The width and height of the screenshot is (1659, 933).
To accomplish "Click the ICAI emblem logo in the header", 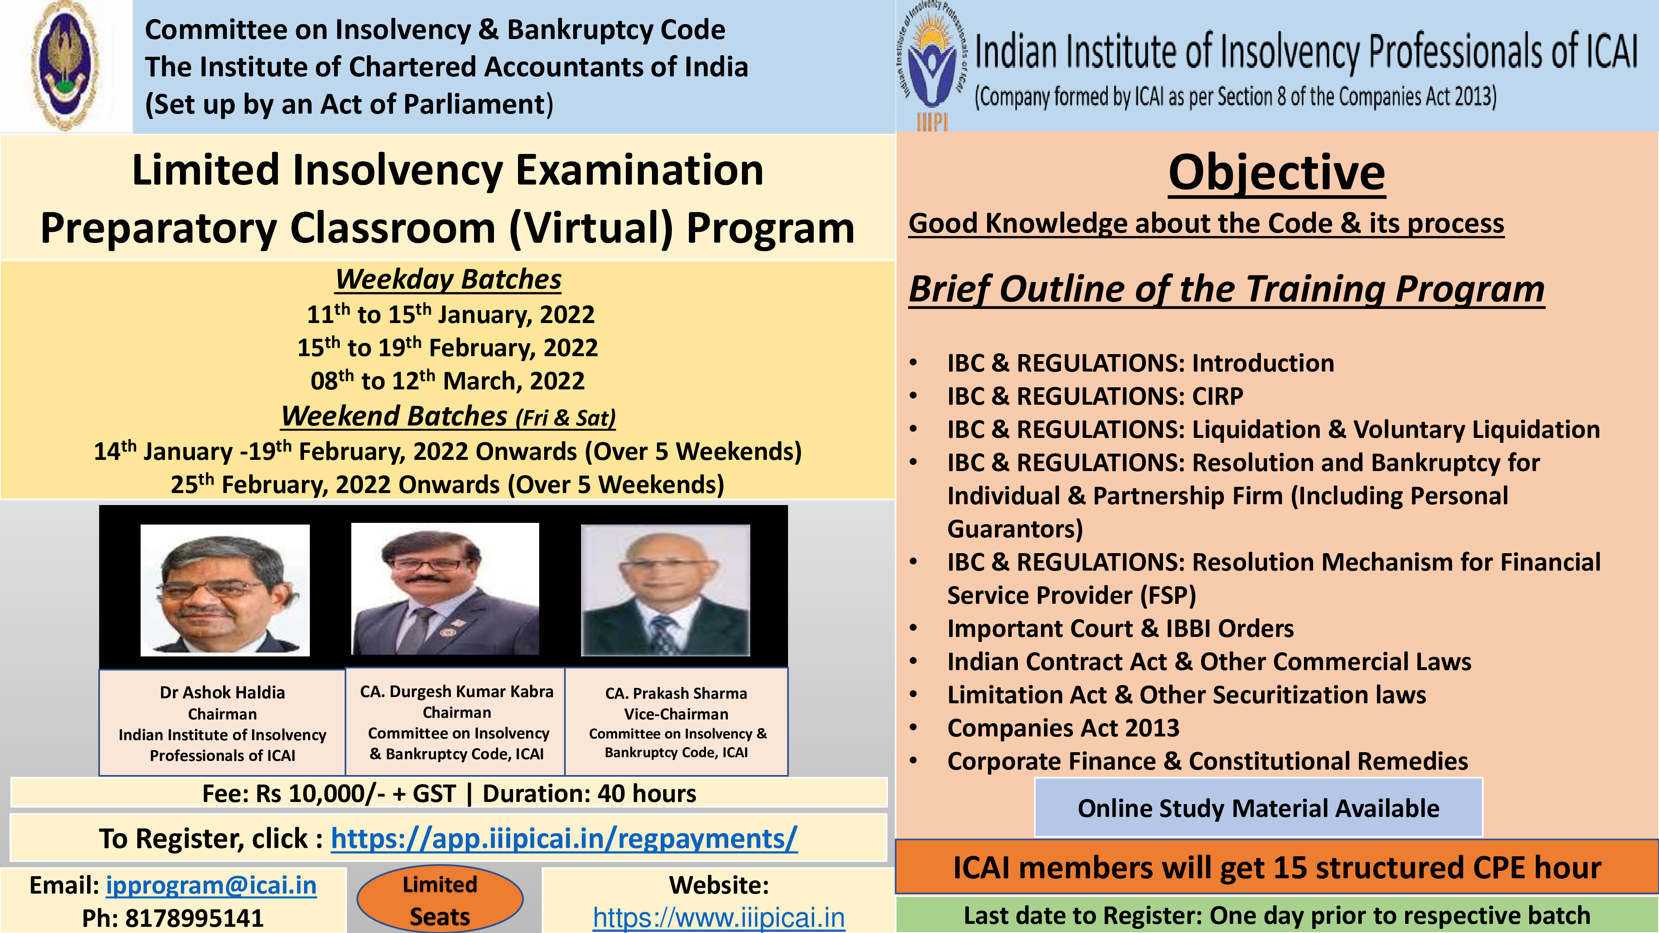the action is [x=66, y=66].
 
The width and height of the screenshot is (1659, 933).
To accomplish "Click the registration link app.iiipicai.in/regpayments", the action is [x=564, y=838].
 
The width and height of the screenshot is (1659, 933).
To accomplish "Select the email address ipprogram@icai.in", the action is [x=211, y=885].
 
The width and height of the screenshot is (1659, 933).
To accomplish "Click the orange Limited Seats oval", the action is [x=440, y=899].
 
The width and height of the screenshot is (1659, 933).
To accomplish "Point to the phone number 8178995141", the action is [x=194, y=918].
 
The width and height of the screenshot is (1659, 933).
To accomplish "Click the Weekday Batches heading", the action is [x=448, y=279].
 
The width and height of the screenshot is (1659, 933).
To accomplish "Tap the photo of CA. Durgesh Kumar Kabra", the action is [x=445, y=588].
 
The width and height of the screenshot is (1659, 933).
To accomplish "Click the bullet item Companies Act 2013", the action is [x=1063, y=728].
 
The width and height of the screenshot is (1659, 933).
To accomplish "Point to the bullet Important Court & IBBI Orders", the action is [x=1121, y=629].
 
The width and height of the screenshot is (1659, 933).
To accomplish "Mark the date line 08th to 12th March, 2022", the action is [x=448, y=381].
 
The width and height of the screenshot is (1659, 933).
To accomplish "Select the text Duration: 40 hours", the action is [x=589, y=794].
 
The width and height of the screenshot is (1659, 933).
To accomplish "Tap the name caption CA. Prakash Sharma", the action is [x=676, y=693].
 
